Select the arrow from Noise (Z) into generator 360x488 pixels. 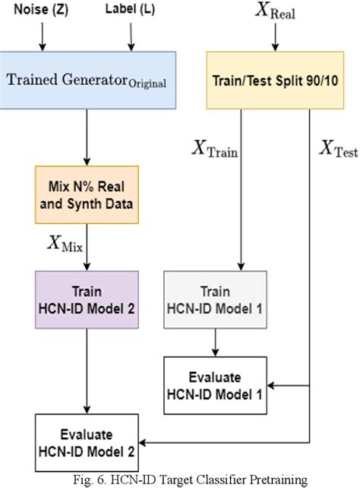[43, 36]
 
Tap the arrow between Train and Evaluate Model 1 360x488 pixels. [215, 342]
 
